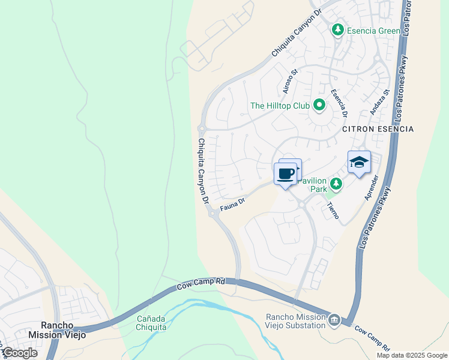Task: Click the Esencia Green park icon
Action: [x=338, y=29]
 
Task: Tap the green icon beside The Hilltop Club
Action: [x=319, y=106]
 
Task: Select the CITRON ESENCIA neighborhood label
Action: [x=378, y=129]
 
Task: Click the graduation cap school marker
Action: [x=359, y=163]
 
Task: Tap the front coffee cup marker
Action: [x=286, y=174]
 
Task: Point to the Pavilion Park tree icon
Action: [x=336, y=184]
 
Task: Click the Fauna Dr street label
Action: [x=233, y=205]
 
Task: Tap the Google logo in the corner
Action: [x=20, y=352]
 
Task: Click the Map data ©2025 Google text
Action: [x=411, y=355]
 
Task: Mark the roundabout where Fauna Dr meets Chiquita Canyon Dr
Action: [x=213, y=213]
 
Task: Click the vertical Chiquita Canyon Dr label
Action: [x=202, y=170]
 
